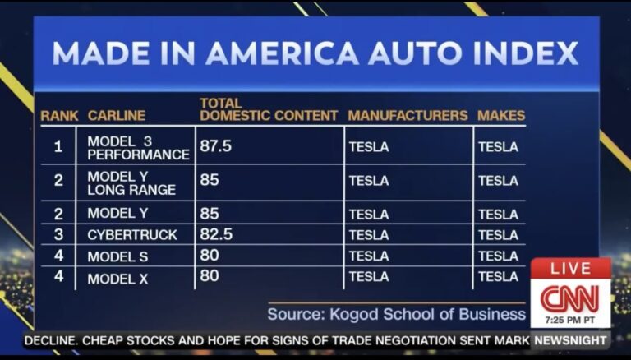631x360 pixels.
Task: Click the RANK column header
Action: tap(59, 116)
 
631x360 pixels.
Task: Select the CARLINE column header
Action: tap(116, 116)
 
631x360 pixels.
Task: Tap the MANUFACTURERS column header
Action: tap(408, 116)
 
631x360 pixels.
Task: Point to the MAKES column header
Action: tap(500, 116)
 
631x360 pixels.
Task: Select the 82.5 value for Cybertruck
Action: tap(216, 234)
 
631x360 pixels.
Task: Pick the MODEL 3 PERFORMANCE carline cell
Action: tap(138, 148)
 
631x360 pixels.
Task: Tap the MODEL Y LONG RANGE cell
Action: tap(131, 182)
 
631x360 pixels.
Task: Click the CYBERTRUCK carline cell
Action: tap(132, 235)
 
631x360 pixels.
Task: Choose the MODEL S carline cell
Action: tap(117, 256)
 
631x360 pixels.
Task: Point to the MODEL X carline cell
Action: tap(117, 279)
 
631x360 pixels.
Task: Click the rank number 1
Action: tap(58, 147)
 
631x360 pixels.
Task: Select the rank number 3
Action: tap(58, 235)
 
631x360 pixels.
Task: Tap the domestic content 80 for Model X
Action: tap(210, 276)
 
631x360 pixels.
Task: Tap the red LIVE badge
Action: tap(570, 269)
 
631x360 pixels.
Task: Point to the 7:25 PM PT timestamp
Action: tap(569, 318)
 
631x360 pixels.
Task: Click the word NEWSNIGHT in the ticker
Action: tap(569, 339)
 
